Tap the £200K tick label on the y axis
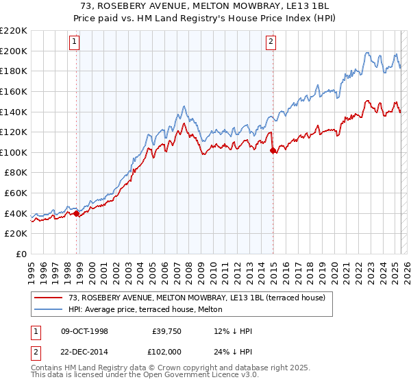(x=14, y=51)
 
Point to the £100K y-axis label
(x=14, y=152)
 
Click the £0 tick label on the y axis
(x=21, y=254)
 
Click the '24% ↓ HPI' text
(x=233, y=352)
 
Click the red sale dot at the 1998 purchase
(x=77, y=213)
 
